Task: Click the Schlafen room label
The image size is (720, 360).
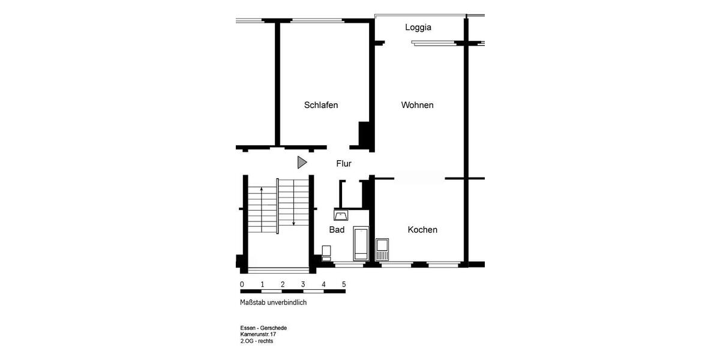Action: [x=321, y=105]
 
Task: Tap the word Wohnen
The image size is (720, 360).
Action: [x=417, y=105]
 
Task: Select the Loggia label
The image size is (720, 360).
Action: [x=418, y=27]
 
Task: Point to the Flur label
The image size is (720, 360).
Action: [x=344, y=163]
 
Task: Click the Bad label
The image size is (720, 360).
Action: [x=337, y=230]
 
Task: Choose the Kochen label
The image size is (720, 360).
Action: [x=422, y=230]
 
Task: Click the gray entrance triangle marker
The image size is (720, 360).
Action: [x=302, y=162]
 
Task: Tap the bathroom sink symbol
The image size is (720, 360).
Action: [x=342, y=215]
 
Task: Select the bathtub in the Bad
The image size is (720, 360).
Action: [x=361, y=243]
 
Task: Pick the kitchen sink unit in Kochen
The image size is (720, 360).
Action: [x=382, y=249]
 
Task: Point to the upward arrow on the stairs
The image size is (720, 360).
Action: [x=262, y=204]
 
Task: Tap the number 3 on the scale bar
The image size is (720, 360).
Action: [x=303, y=284]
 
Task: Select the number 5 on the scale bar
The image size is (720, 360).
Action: [x=344, y=284]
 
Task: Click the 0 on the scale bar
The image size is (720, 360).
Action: [x=242, y=284]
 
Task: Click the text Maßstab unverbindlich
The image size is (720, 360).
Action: [x=273, y=302]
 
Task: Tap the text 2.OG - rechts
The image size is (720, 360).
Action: [x=257, y=341]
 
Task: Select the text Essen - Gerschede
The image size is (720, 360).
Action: [x=263, y=328]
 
